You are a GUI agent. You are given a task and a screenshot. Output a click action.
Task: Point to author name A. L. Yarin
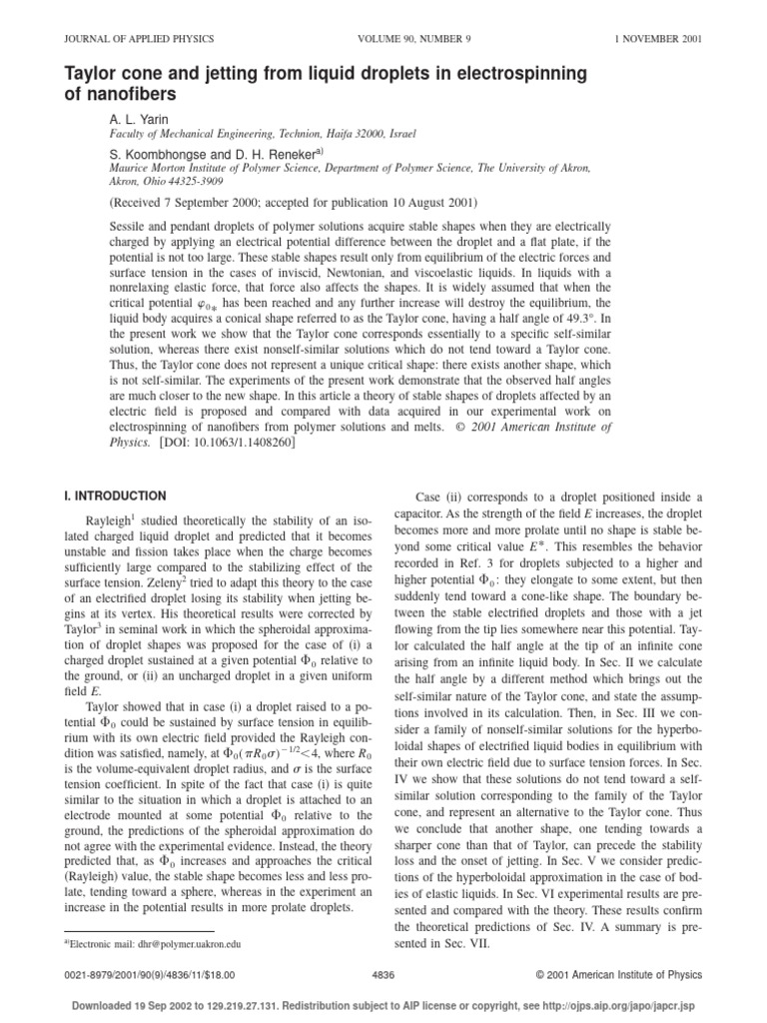[139, 118]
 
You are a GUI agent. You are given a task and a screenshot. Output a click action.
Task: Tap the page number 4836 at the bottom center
[383, 971]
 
